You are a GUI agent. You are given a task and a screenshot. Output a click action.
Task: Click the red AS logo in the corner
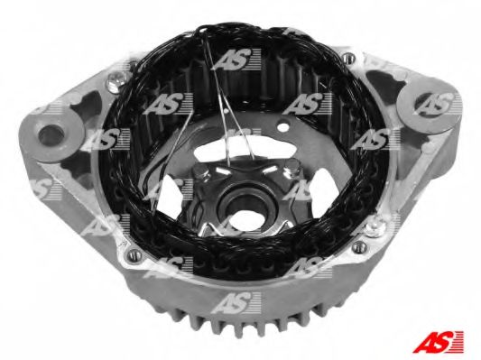pos(438,342)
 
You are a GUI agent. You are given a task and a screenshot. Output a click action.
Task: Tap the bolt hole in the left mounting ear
pos(51,135)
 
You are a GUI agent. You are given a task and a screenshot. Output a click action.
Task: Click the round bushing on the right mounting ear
pos(430,105)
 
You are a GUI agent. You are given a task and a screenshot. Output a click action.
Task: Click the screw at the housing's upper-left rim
pos(116,80)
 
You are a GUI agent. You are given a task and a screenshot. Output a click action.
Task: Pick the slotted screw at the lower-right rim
pos(358,246)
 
